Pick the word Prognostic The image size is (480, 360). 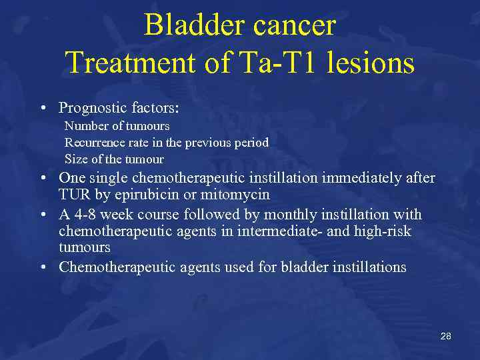click(91, 108)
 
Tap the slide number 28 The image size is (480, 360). click(445, 336)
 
